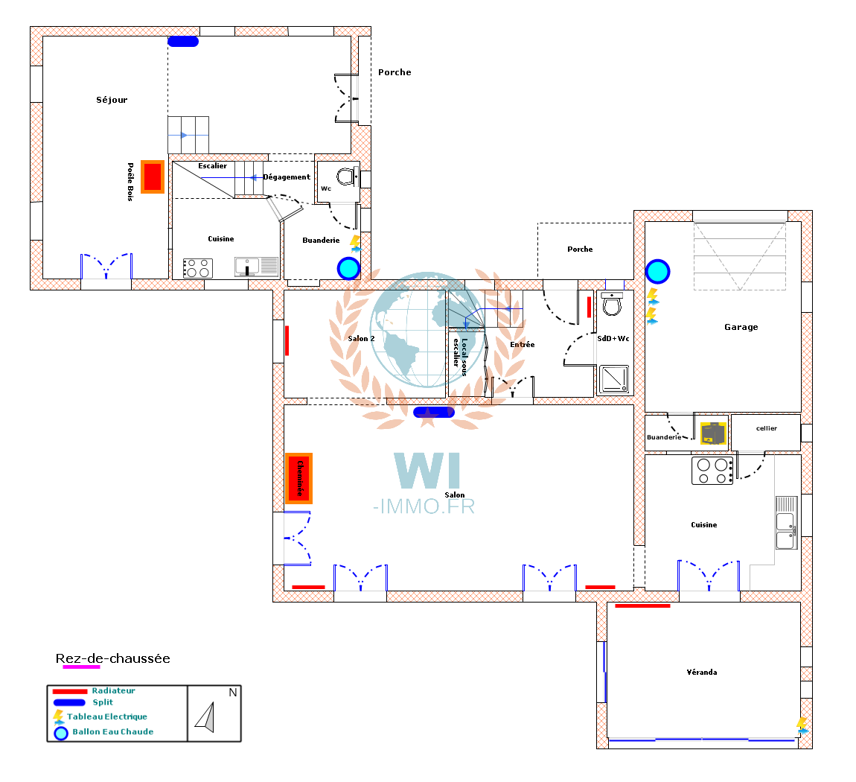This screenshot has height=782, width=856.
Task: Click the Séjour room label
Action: tap(112, 100)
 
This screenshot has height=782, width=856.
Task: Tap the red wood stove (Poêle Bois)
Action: tap(153, 177)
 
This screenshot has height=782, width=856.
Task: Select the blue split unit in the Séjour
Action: tap(183, 42)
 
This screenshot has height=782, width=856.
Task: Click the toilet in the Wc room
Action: tap(346, 177)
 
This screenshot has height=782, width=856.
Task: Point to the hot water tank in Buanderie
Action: tap(348, 268)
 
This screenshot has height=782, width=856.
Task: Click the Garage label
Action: tap(741, 327)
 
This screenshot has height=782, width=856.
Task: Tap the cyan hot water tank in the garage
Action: tap(657, 271)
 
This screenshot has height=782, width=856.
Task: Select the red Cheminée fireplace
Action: tap(298, 478)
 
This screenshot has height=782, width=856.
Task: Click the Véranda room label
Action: tap(701, 673)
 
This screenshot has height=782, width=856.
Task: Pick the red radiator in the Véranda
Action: tap(642, 605)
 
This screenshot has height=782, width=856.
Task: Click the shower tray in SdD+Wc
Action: tap(614, 379)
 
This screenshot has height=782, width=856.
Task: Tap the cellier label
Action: tap(767, 428)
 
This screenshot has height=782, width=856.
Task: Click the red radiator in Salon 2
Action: tap(287, 341)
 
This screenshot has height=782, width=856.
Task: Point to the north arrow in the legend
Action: tap(205, 717)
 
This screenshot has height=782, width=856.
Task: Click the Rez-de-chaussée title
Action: tap(113, 658)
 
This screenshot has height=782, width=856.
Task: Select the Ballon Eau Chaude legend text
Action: tap(113, 732)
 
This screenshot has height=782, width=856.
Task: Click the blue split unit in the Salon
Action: tap(434, 413)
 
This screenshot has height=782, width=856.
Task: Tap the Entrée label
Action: tap(523, 345)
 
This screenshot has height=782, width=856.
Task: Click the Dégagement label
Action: tap(287, 177)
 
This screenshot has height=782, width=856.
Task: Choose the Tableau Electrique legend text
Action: tap(107, 716)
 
